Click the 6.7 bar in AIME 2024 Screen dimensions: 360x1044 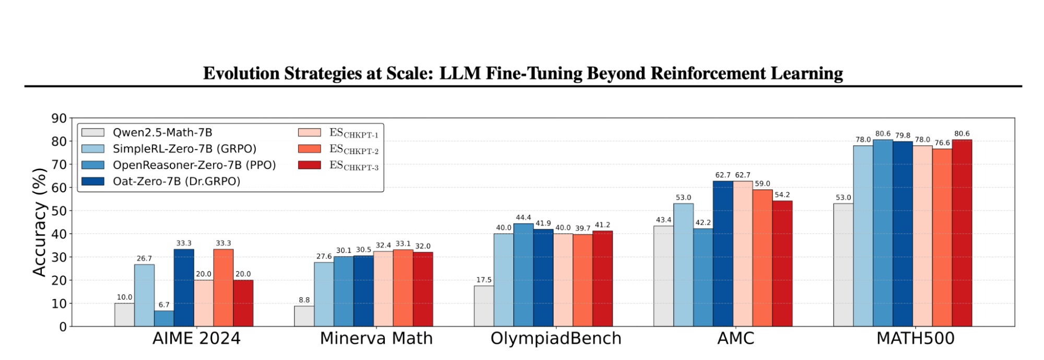pos(164,319)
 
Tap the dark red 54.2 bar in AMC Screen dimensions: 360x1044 pos(782,264)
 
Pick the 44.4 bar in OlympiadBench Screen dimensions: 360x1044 pos(523,275)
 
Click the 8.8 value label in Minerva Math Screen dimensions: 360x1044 pos(304,300)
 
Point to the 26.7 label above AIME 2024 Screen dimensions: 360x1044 pos(144,259)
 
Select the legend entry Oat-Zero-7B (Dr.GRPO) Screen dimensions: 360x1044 pos(177,181)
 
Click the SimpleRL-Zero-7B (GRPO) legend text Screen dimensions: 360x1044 pos(184,149)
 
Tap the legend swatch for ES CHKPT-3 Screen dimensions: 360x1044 pos(309,165)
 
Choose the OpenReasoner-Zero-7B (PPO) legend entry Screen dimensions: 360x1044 pos(194,165)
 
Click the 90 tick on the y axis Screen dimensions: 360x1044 pos(59,119)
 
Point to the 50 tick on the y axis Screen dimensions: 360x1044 pos(59,211)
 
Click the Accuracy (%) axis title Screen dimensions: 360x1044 pos(40,222)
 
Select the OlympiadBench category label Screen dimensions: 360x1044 pos(556,339)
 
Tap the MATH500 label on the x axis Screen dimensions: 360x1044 pos(915,339)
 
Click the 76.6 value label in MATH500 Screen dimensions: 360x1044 pos(942,143)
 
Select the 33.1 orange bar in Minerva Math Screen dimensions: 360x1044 pos(403,288)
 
